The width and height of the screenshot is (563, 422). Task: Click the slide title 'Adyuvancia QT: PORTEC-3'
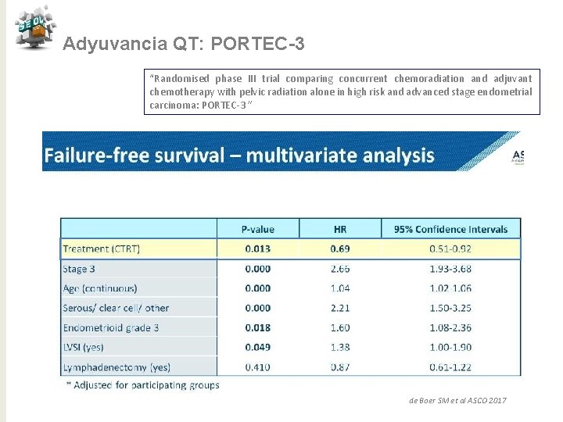click(184, 45)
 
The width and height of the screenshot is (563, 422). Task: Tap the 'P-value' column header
click(258, 229)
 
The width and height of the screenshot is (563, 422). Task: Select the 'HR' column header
click(340, 229)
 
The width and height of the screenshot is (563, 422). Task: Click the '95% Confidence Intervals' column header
click(451, 229)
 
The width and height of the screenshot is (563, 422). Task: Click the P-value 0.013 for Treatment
click(258, 249)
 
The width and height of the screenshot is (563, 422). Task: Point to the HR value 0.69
click(340, 249)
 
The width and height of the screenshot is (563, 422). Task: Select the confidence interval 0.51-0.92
click(451, 249)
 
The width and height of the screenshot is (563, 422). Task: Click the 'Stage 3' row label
click(80, 269)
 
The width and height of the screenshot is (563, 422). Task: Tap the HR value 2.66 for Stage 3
click(340, 269)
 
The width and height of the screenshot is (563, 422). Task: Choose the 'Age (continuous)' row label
click(100, 288)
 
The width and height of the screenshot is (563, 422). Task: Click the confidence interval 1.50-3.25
click(451, 308)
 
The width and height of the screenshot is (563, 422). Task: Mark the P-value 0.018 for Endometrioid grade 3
click(258, 327)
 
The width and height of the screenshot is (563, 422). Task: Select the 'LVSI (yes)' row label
click(84, 347)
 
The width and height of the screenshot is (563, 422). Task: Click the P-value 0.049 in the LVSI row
click(258, 347)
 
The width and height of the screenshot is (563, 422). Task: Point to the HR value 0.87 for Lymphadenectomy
click(340, 367)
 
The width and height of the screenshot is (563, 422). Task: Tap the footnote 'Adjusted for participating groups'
click(144, 384)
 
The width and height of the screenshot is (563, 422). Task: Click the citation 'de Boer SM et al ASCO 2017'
click(458, 400)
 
